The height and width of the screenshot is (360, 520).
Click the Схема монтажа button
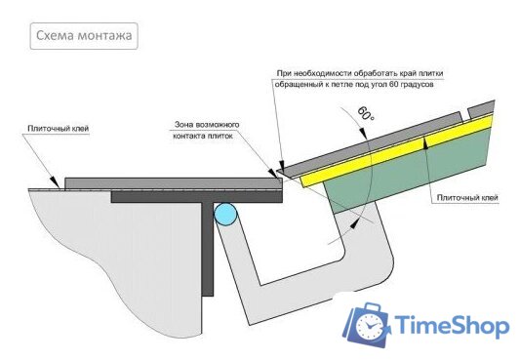pyautogui.click(x=82, y=37)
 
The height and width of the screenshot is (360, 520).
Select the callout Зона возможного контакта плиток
pyautogui.click(x=207, y=131)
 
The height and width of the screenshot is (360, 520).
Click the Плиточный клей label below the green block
pyautogui.click(x=468, y=199)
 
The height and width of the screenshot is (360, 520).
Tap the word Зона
pyautogui.click(x=186, y=125)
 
